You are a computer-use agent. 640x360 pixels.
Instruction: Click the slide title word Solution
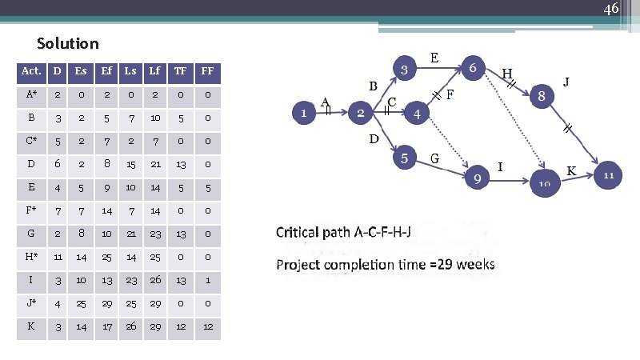pyautogui.click(x=68, y=43)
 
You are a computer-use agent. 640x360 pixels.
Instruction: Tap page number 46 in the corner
pyautogui.click(x=610, y=10)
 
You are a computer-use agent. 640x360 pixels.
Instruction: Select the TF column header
pyautogui.click(x=180, y=71)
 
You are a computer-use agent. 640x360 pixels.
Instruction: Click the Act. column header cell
pyautogui.click(x=31, y=71)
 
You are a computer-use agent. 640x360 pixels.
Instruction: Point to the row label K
pyautogui.click(x=31, y=326)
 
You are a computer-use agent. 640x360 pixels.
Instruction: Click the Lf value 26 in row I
pyautogui.click(x=155, y=280)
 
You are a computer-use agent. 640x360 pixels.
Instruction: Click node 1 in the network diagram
pyautogui.click(x=303, y=114)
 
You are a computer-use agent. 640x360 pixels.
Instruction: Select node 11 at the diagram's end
pyautogui.click(x=607, y=174)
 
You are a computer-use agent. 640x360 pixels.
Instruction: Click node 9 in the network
pyautogui.click(x=477, y=178)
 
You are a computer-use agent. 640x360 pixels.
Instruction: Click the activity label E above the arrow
pyautogui.click(x=434, y=58)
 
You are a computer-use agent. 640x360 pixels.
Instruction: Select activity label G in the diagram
pyautogui.click(x=435, y=158)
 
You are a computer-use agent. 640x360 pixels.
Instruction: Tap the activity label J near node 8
pyautogui.click(x=566, y=82)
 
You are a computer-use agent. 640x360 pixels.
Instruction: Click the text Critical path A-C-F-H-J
pyautogui.click(x=343, y=232)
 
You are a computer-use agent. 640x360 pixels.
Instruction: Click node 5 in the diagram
pyautogui.click(x=405, y=158)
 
